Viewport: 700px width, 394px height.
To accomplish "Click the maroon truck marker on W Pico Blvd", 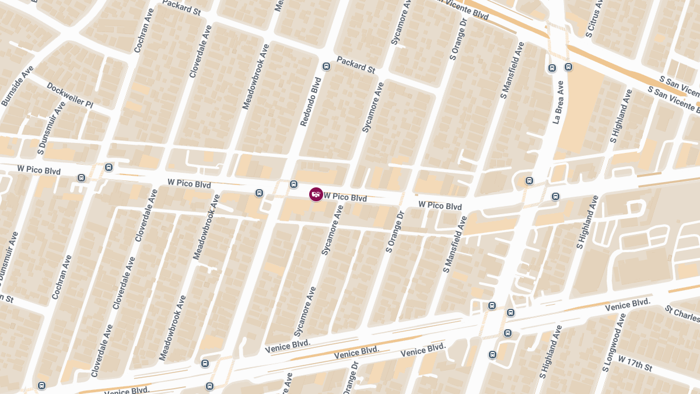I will tap(316, 194).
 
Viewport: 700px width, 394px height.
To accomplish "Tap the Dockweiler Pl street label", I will tap(69, 95).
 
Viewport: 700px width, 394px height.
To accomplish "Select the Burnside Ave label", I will tap(17, 86).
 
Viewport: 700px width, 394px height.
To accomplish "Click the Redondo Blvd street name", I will tap(310, 102).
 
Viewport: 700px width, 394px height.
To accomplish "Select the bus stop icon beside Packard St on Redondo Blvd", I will tap(326, 66).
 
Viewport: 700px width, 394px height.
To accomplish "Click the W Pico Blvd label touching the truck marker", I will tap(345, 197).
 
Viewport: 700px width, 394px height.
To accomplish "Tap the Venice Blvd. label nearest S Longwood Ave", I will tap(627, 305).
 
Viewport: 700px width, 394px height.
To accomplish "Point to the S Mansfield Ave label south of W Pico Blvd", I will tap(455, 245).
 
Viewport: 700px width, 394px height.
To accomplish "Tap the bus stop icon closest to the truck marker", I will tap(294, 184).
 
